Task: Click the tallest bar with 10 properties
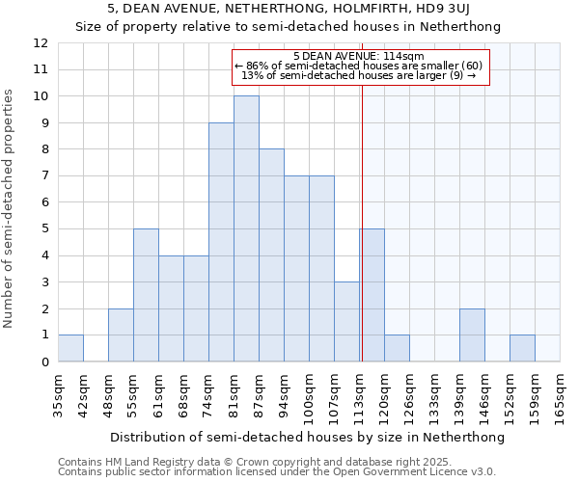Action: click(x=246, y=228)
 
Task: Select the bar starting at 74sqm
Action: click(x=221, y=242)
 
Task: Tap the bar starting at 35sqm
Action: click(x=70, y=348)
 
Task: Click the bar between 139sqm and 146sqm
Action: click(x=472, y=335)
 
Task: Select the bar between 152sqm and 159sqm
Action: click(x=522, y=348)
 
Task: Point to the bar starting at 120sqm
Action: click(x=397, y=348)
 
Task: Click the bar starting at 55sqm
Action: click(x=146, y=295)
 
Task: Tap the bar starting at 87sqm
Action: click(x=271, y=255)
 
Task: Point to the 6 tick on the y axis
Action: click(x=44, y=202)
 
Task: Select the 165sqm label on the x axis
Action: click(x=561, y=394)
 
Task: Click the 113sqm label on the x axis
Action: click(x=360, y=394)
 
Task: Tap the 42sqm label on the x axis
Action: click(x=84, y=394)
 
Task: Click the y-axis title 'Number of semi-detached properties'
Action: click(x=10, y=208)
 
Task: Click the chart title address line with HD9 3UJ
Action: click(x=289, y=10)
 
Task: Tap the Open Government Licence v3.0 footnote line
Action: click(x=277, y=471)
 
